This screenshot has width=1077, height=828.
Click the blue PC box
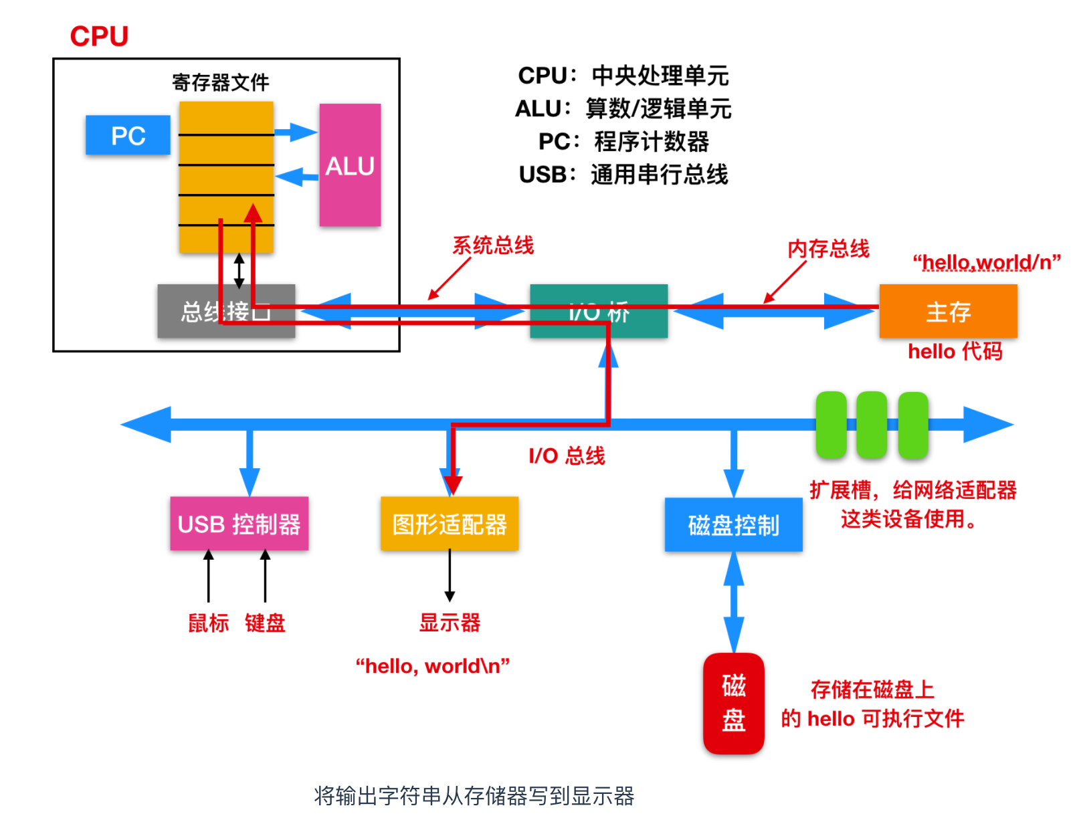pos(128,136)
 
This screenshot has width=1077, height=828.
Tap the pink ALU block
pos(350,165)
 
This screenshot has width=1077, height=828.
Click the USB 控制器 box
pos(239,524)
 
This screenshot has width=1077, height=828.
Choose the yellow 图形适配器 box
pos(450,524)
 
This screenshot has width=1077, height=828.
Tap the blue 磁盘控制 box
pos(733,525)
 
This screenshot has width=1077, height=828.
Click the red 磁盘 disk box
pos(733,703)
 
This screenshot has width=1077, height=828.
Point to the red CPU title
pos(99,36)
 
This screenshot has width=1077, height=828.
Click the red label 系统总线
pos(493,245)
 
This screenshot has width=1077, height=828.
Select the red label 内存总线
pos(828,249)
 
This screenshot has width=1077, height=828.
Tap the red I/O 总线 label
pos(567,456)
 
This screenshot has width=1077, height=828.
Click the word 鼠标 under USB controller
pos(208,623)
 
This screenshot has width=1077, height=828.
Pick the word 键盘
pos(265,623)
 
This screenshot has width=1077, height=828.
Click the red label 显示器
pos(450,623)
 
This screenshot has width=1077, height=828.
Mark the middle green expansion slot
pos(872,425)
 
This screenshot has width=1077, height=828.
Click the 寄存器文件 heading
pos(220,82)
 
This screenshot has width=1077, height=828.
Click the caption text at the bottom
pos(474,796)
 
